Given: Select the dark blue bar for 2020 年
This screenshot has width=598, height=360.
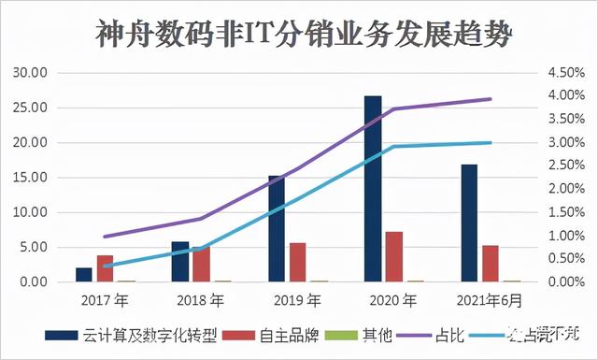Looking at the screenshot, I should pos(373,188).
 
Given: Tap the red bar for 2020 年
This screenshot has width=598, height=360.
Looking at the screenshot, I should pos(394,256).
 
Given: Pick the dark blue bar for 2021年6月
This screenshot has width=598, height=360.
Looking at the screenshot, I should pos(469,223).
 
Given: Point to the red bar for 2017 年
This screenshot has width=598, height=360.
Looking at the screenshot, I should pos(106,268).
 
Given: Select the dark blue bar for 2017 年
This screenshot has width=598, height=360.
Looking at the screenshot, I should pos(84,274).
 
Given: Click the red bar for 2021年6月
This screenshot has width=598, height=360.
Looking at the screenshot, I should pos(491,263).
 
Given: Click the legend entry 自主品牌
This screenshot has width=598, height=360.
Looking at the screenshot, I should pos(276,334).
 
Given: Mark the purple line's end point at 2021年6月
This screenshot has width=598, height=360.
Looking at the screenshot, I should pos(491,99).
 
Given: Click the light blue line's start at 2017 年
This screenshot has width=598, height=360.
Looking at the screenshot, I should pos(106,266).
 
